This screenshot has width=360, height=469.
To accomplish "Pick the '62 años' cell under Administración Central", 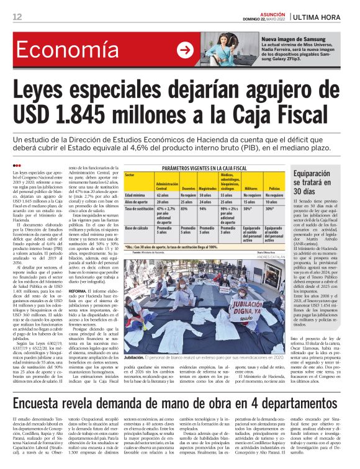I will tap(163, 195).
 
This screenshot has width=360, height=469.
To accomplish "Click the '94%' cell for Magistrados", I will tap(202, 210).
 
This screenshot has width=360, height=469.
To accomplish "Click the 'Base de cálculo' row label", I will tap(138, 228).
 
